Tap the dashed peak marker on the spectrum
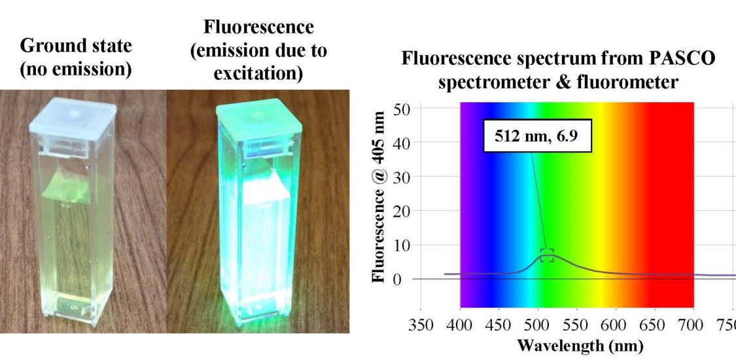tap(547, 255)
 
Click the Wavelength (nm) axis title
tap(572, 345)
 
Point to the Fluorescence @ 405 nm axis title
tap(380, 196)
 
